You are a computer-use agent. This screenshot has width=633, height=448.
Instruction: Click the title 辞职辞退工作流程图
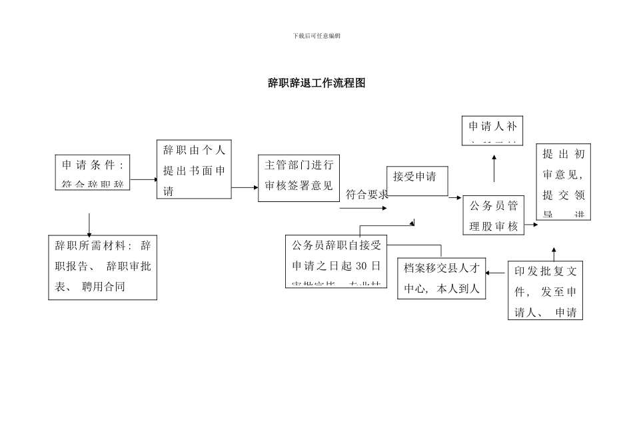pos(316,83)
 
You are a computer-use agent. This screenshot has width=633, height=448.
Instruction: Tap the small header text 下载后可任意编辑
pos(316,35)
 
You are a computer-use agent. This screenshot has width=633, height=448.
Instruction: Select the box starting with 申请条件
pos(93,172)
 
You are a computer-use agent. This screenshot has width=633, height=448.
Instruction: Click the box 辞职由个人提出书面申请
pos(194,169)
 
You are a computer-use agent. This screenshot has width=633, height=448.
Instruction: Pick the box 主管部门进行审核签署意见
pos(299,178)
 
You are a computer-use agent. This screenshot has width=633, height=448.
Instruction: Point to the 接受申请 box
pos(417,181)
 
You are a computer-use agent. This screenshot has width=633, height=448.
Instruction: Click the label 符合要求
pos(366,195)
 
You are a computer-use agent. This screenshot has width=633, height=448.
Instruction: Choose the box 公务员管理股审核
pos(493,215)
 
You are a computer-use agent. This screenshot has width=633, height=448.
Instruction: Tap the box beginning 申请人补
pos(492,130)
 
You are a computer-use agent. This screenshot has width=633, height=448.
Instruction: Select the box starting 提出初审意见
pos(563,182)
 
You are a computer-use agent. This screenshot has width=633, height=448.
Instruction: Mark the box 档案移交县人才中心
pos(442,278)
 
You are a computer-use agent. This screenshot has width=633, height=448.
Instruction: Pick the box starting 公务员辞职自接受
pos(335,261)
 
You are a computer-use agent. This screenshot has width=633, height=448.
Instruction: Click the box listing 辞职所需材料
pos(103,267)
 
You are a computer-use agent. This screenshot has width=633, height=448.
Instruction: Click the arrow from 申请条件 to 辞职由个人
pos(143,179)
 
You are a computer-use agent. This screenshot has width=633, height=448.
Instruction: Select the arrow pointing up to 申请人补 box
pos(494,169)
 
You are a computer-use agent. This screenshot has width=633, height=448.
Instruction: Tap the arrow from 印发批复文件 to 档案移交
pos(496,272)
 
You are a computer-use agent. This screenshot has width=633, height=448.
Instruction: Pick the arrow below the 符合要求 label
pos(363,208)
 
